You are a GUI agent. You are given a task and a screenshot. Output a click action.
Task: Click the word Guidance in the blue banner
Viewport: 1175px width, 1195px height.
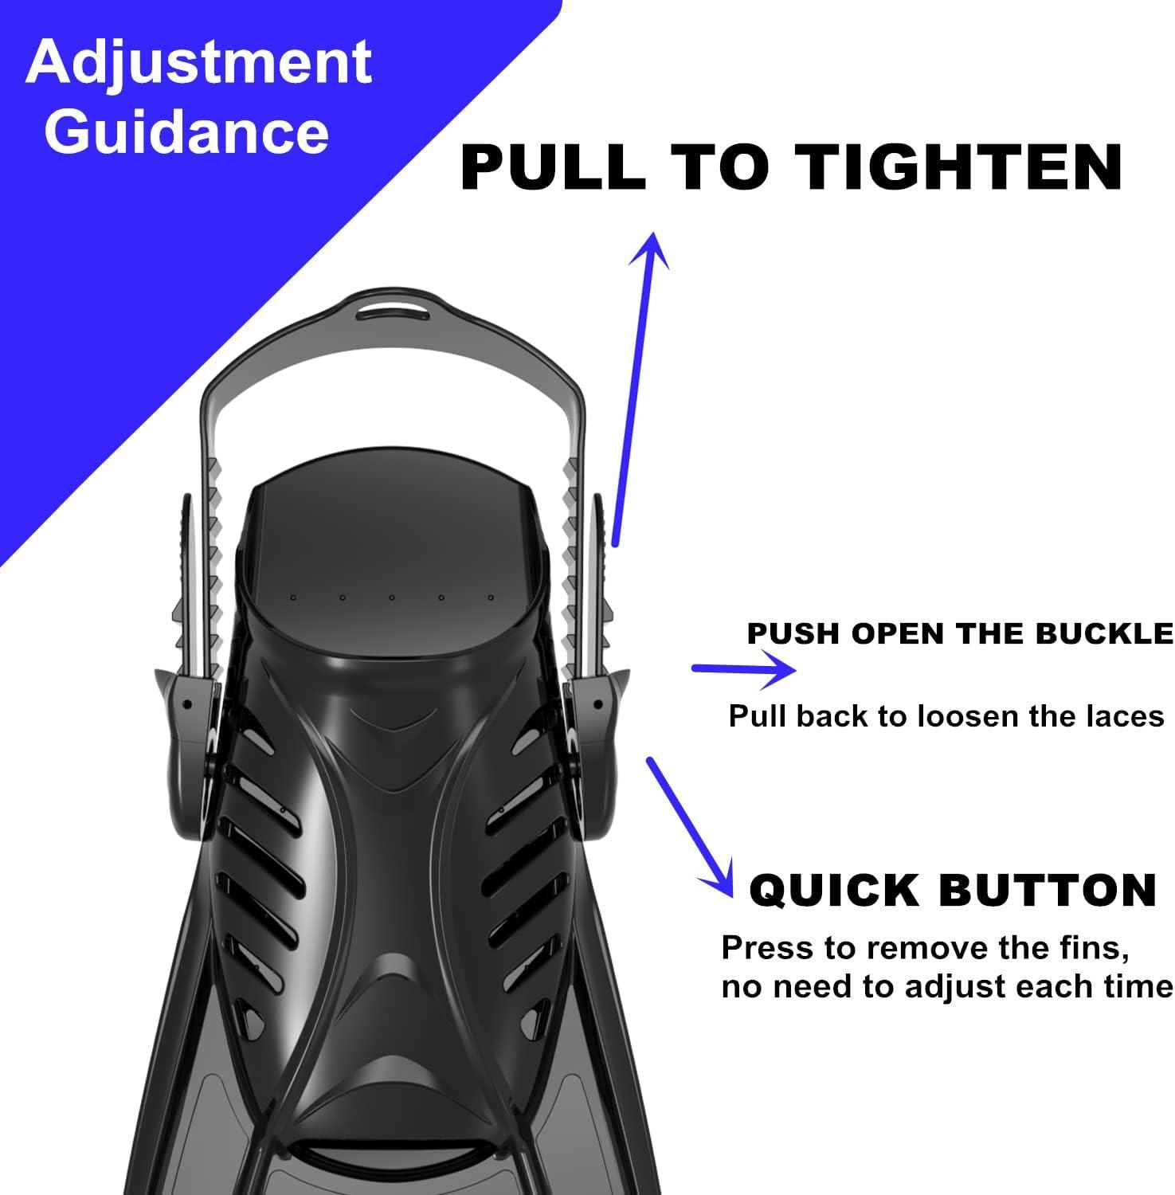click(186, 131)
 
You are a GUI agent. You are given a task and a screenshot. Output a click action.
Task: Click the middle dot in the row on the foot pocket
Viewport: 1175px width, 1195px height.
click(392, 597)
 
